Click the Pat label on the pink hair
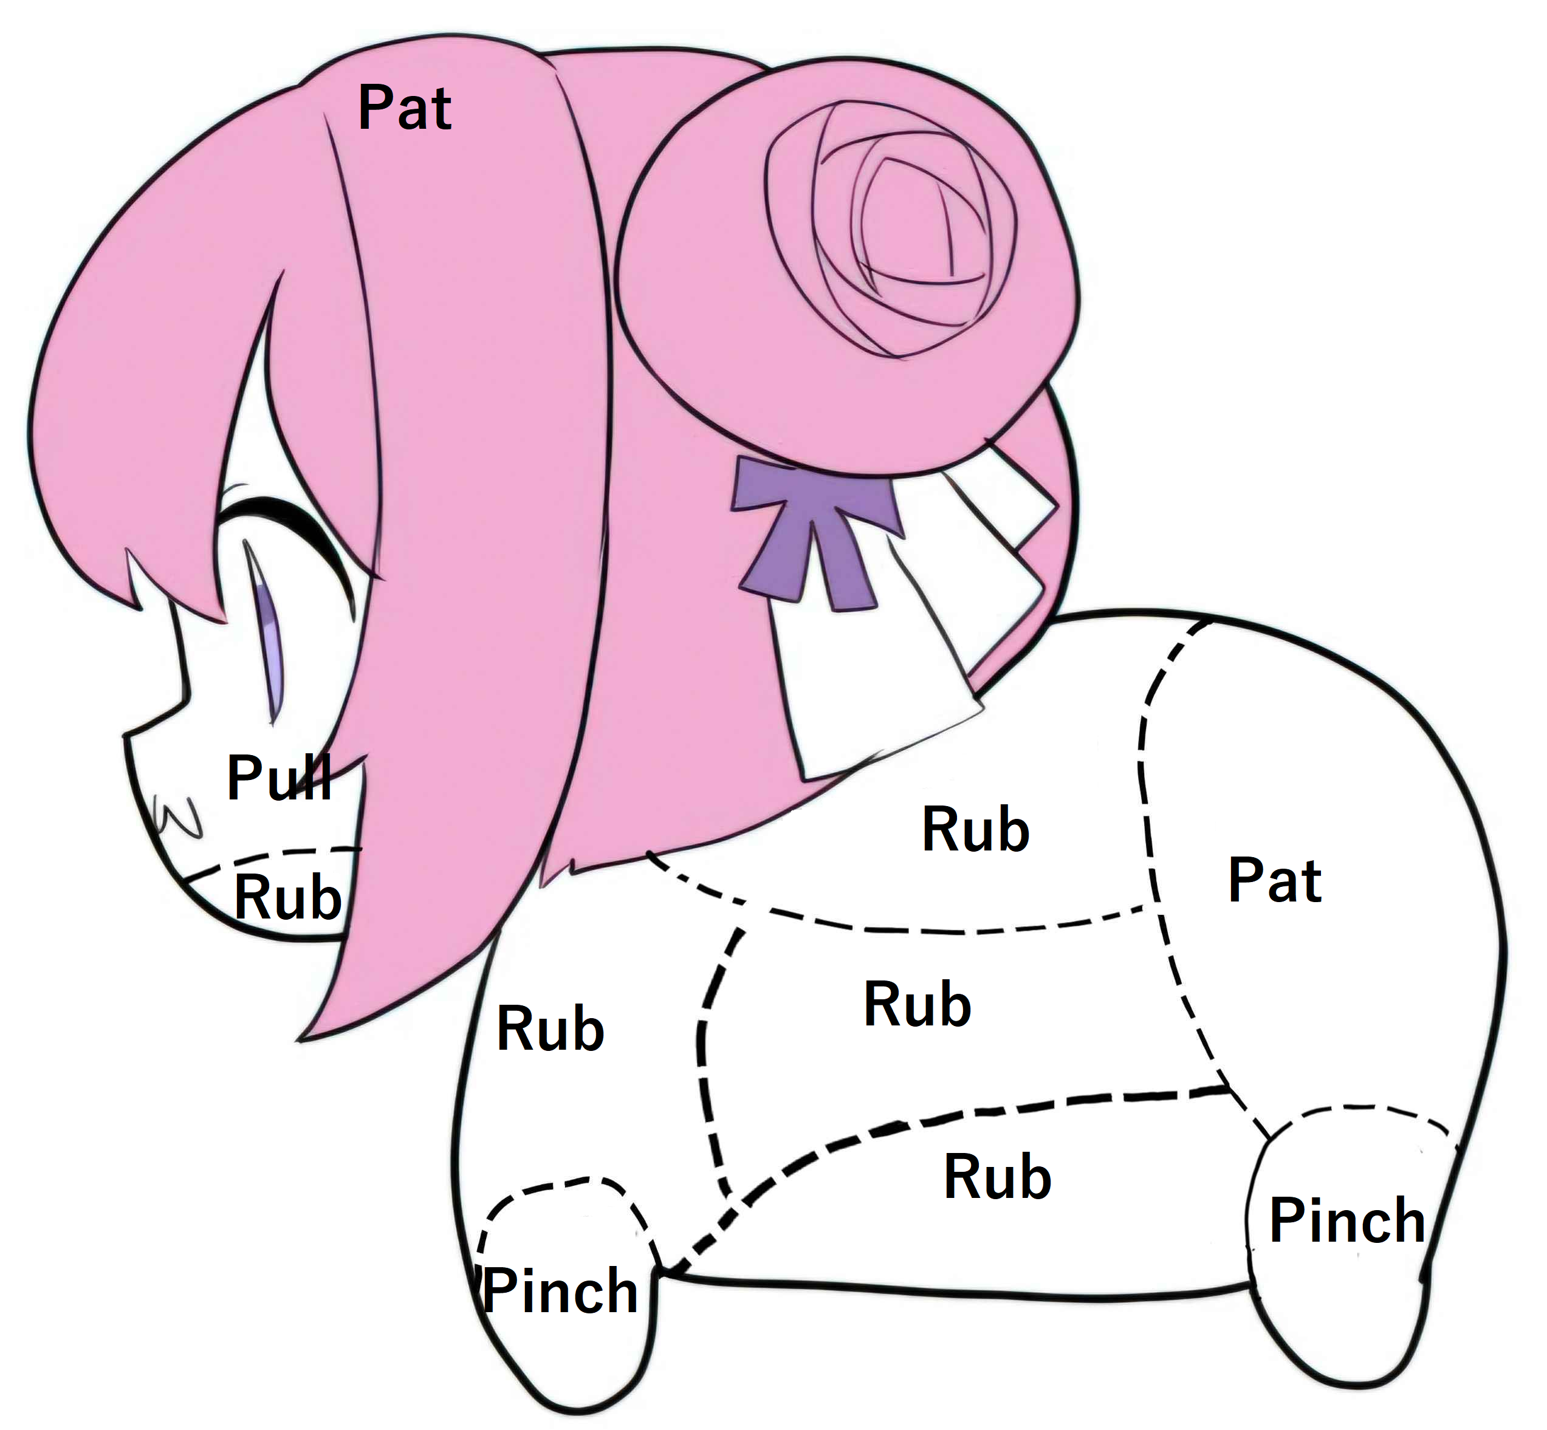tap(405, 108)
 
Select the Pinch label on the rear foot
tap(1346, 1220)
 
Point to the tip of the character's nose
tap(125, 737)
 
